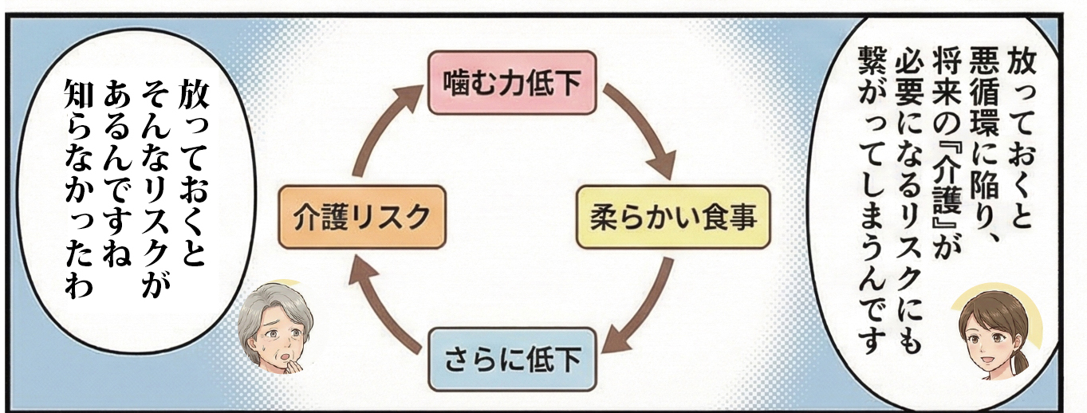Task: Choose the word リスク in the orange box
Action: coord(386,217)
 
